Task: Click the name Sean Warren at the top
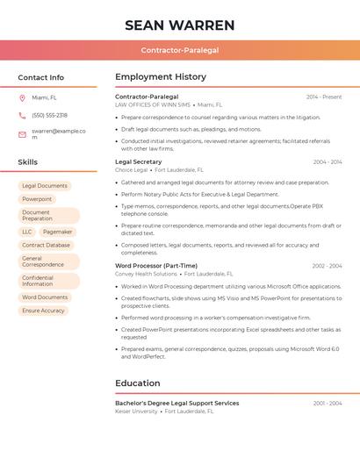180,25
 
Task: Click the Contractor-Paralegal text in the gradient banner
180,50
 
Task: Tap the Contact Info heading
40,77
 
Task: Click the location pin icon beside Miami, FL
22,97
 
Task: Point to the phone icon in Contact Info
22,115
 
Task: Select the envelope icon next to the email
22,134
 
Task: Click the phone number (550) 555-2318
49,115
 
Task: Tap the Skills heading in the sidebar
27,162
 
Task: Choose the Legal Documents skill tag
45,186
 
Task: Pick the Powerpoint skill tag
37,199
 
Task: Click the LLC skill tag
27,232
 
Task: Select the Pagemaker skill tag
57,232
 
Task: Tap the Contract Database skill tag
46,246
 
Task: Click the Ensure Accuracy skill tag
43,311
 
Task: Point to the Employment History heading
161,77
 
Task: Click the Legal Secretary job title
139,161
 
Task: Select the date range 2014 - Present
324,97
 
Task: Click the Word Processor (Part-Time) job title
156,266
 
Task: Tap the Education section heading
138,383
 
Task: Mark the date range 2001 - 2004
328,404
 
